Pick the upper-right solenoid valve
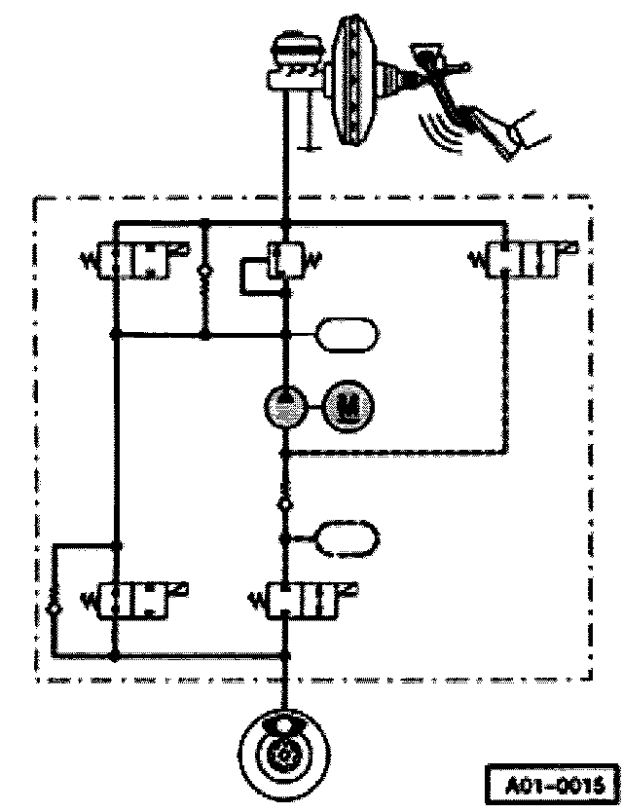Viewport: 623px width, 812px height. pyautogui.click(x=521, y=262)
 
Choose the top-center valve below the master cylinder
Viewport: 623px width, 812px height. pyautogui.click(x=283, y=260)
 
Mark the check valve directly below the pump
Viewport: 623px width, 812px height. pyautogui.click(x=284, y=502)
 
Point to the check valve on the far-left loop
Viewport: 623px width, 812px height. pyautogui.click(x=55, y=609)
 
